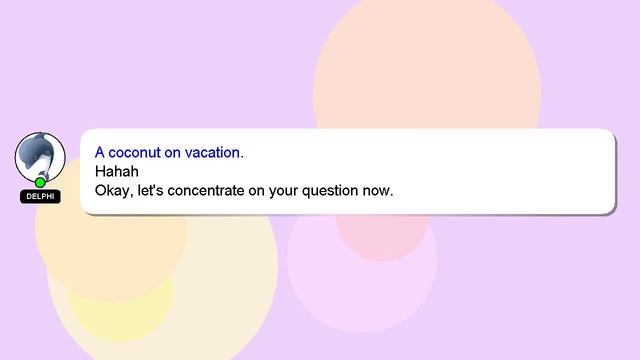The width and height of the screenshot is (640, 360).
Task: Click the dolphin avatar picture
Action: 40,157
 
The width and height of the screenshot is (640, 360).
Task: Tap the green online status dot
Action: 40,182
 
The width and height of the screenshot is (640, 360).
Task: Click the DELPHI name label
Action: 40,197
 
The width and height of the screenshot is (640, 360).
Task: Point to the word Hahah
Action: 116,171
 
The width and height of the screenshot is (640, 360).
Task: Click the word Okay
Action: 112,189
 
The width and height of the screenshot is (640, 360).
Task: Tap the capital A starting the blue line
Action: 100,153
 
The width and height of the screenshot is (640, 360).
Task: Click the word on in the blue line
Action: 175,153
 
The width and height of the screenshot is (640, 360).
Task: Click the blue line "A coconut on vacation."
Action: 169,153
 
